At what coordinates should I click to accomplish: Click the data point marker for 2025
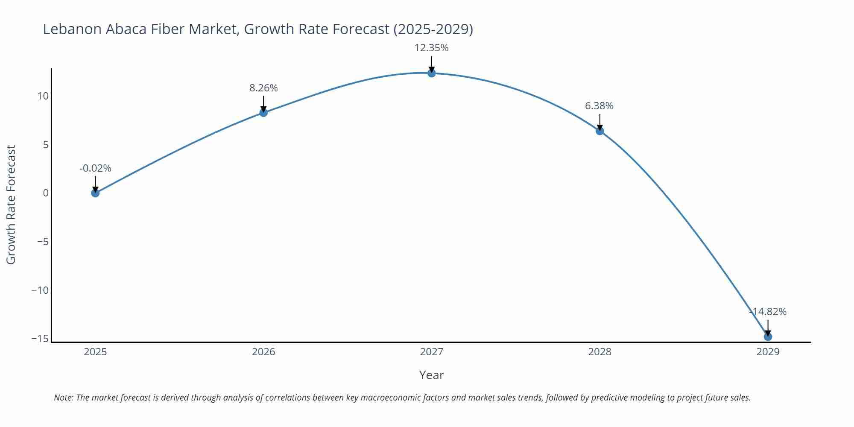pyautogui.click(x=95, y=193)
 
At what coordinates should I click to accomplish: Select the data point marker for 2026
pyautogui.click(x=263, y=113)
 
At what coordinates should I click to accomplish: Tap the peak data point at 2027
pyautogui.click(x=432, y=73)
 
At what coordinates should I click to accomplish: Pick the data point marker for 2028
pyautogui.click(x=600, y=131)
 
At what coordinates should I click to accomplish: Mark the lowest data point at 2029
pyautogui.click(x=768, y=337)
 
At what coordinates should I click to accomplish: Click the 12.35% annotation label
pyautogui.click(x=431, y=48)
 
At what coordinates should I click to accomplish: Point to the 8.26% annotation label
pyautogui.click(x=263, y=88)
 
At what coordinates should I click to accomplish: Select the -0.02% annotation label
pyautogui.click(x=95, y=168)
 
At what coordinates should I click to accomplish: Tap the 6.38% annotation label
pyautogui.click(x=599, y=106)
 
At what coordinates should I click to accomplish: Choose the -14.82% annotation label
pyautogui.click(x=768, y=312)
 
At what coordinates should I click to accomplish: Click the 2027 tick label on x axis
pyautogui.click(x=432, y=352)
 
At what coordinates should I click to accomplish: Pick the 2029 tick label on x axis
pyautogui.click(x=768, y=352)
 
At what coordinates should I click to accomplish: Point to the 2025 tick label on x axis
pyautogui.click(x=95, y=352)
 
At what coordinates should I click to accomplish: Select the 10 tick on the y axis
pyautogui.click(x=43, y=96)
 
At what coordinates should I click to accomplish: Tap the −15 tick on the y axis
pyautogui.click(x=40, y=339)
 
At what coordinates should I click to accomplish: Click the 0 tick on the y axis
pyautogui.click(x=46, y=193)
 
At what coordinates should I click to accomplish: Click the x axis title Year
pyautogui.click(x=431, y=375)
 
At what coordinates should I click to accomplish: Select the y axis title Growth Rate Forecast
pyautogui.click(x=11, y=205)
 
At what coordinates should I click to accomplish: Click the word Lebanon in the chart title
pyautogui.click(x=72, y=29)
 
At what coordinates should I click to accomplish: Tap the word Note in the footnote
pyautogui.click(x=63, y=398)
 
